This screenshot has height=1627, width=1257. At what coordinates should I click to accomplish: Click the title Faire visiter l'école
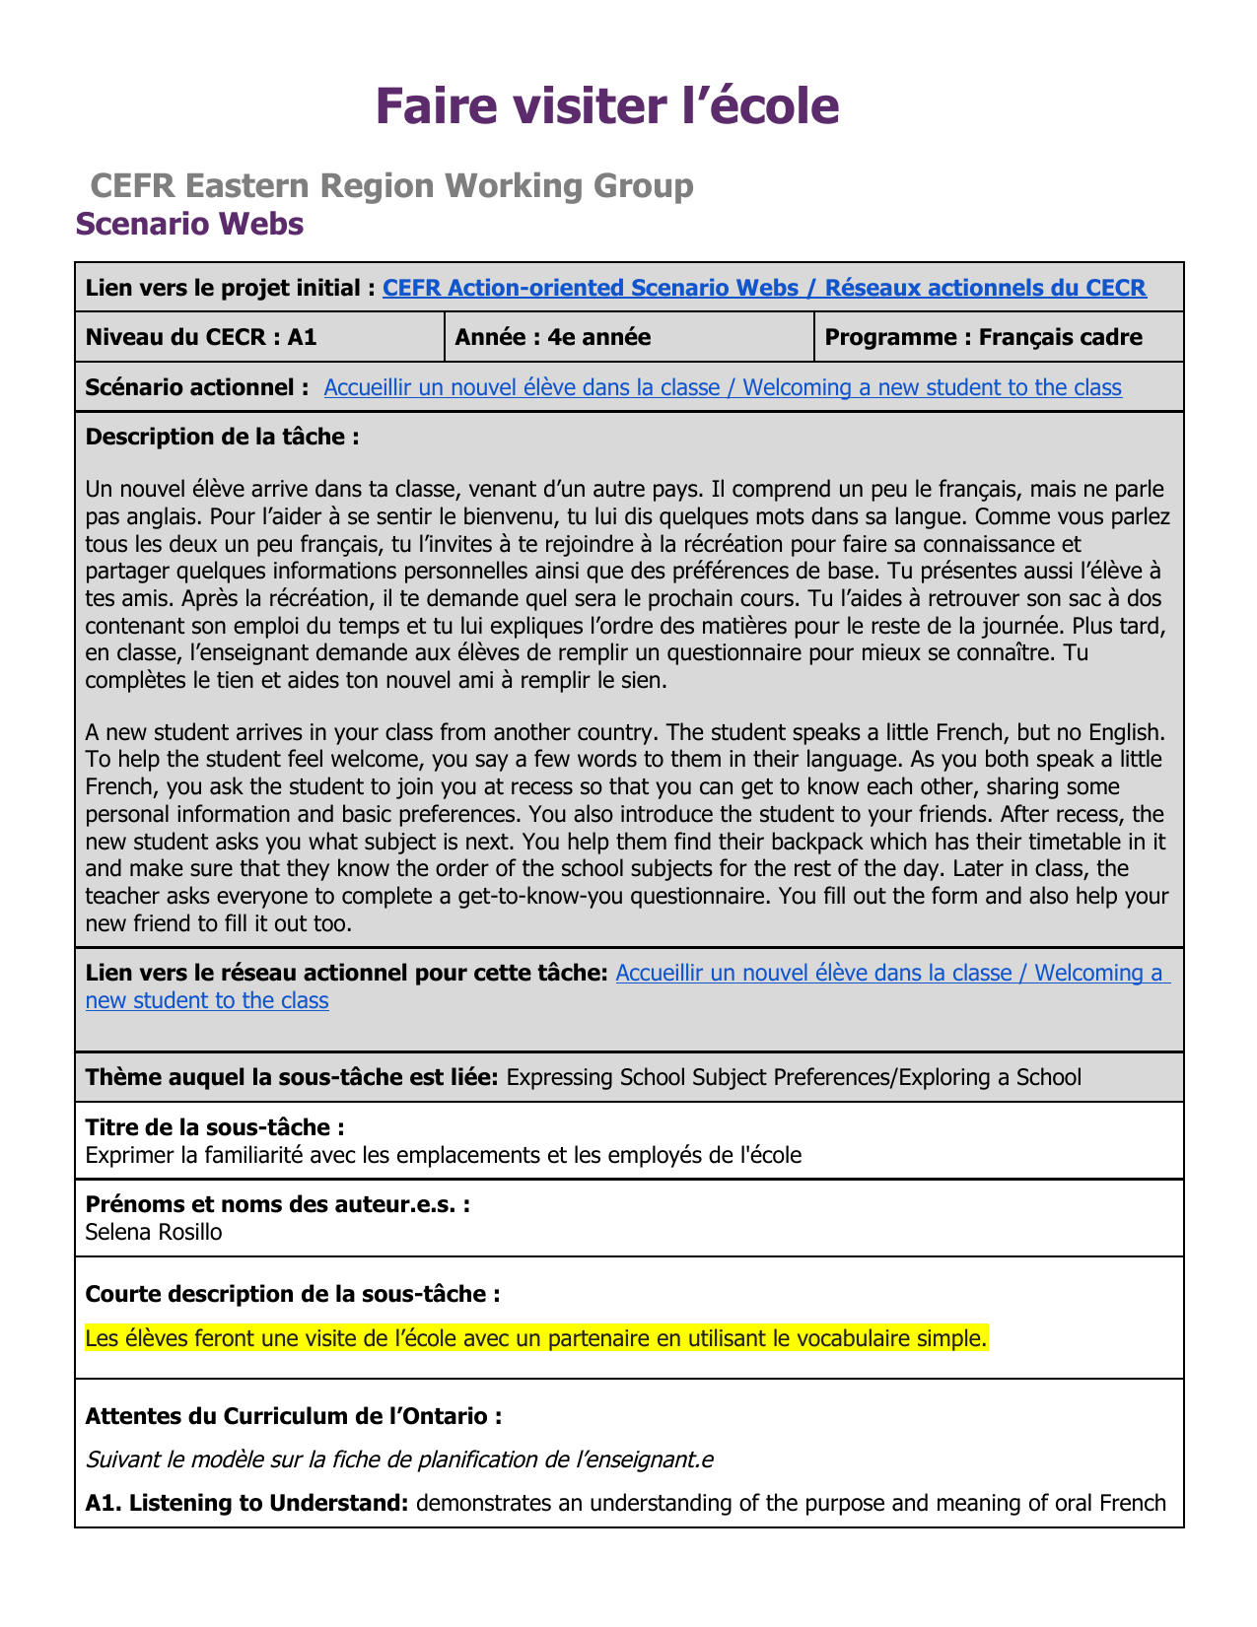click(607, 106)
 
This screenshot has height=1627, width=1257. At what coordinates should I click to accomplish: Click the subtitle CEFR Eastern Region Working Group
click(391, 185)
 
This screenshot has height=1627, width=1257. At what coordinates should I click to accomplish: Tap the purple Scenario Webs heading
click(189, 224)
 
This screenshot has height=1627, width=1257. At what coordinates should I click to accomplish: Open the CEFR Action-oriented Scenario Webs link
click(764, 288)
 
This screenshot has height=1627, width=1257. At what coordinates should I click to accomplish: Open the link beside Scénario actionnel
click(722, 387)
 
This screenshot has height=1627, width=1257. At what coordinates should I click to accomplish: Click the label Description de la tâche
click(222, 437)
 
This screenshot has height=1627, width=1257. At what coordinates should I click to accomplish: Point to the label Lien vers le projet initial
click(230, 288)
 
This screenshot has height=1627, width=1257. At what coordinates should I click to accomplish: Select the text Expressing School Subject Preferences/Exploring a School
click(794, 1077)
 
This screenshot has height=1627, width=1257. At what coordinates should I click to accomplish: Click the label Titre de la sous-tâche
click(215, 1126)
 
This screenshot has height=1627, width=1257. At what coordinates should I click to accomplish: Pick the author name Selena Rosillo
click(154, 1232)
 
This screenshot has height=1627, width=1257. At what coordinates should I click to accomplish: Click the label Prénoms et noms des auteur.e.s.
click(277, 1204)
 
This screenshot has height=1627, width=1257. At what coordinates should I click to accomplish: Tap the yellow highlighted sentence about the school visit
click(535, 1338)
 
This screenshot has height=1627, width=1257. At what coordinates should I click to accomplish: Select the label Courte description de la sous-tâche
click(292, 1294)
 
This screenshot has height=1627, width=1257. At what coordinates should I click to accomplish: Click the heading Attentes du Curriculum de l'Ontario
click(294, 1416)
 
